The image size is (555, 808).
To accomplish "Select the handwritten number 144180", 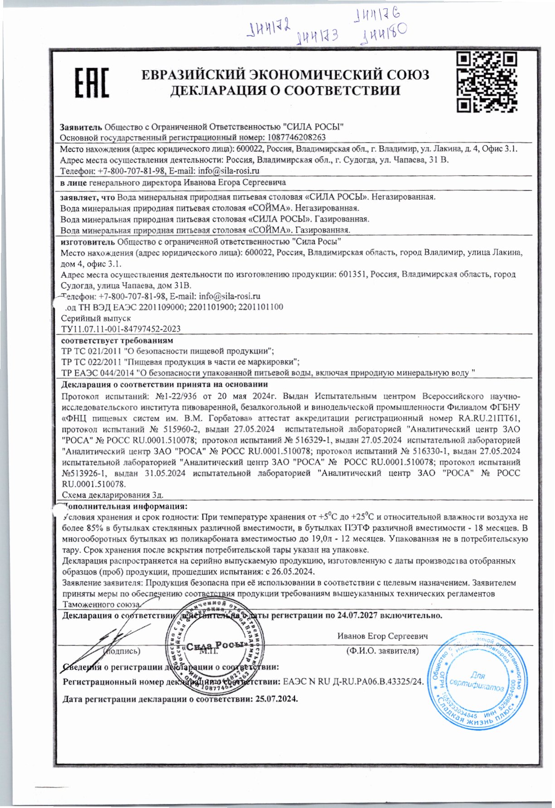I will point(382,34).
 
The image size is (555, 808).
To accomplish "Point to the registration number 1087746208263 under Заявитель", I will point(297,137).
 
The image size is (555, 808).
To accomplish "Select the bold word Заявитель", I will point(82,127).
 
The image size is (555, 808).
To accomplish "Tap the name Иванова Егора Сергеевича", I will point(235,182).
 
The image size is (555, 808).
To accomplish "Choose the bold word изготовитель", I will point(88,241).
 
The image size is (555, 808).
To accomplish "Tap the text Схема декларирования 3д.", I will point(112,495).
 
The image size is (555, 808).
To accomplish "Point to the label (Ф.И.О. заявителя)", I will point(382,651).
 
